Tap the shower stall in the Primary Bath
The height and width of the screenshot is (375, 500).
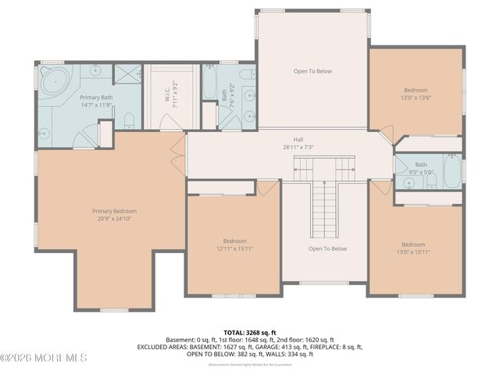tap(126, 74)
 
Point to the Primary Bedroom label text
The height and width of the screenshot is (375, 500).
tap(114, 211)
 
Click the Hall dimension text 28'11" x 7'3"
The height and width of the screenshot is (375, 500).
tap(298, 146)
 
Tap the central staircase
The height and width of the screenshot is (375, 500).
tap(324, 203)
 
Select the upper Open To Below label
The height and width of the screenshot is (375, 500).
tap(312, 71)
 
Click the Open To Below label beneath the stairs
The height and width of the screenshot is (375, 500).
tap(327, 248)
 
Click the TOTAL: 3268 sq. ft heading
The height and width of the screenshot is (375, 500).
tap(250, 332)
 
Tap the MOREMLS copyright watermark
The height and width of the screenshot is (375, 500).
tap(45, 358)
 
